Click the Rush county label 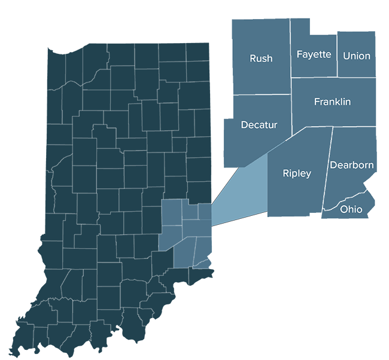click(261, 59)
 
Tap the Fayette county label click(314, 54)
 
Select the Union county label click(357, 56)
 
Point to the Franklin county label click(332, 102)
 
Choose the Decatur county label click(259, 125)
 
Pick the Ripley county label click(297, 173)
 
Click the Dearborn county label click(352, 165)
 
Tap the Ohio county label click(351, 209)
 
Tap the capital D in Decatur click(244, 125)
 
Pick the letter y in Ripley click(308, 175)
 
